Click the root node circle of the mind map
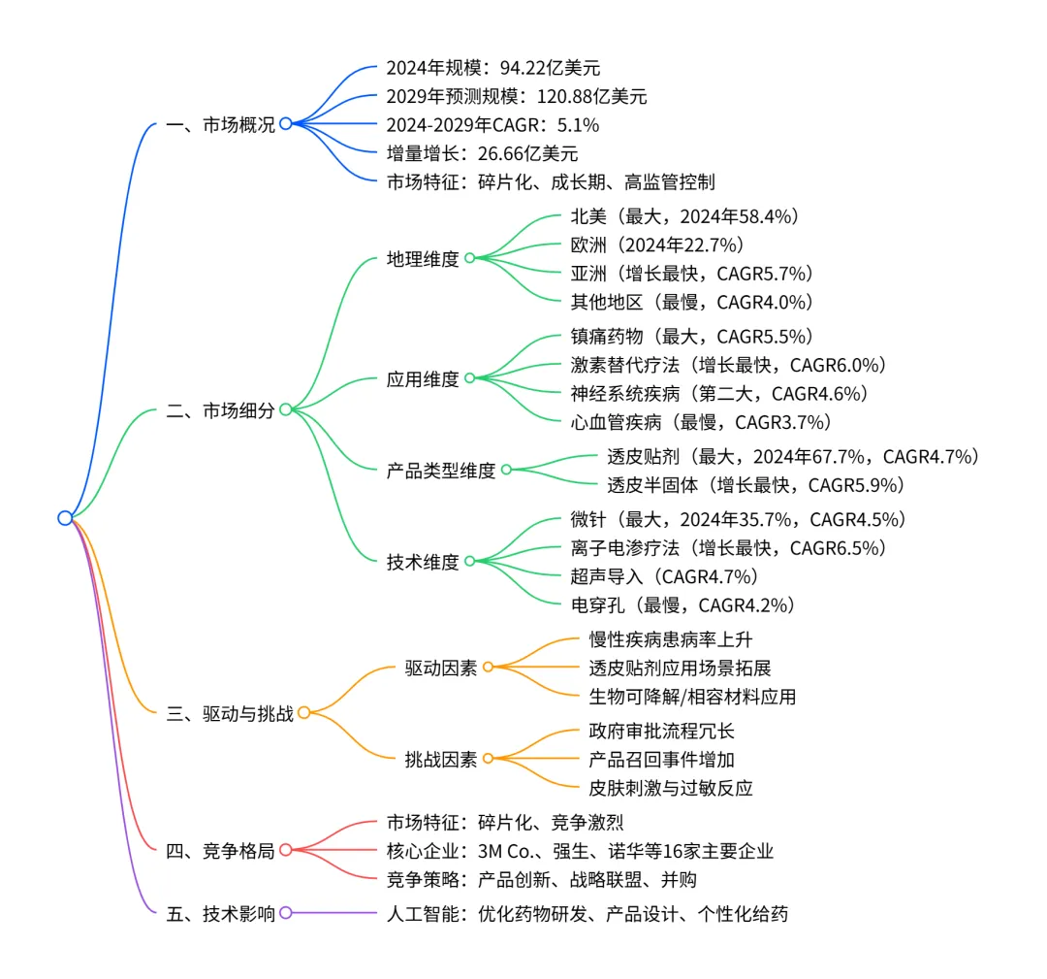(65, 517)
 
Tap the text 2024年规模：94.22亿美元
(492, 68)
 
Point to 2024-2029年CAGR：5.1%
(492, 124)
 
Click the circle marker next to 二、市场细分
(285, 409)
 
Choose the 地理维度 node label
(422, 259)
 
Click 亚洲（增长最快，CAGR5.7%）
(691, 273)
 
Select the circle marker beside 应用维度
(469, 378)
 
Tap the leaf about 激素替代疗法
(728, 365)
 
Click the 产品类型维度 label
(440, 471)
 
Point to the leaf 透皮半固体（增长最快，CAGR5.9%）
(755, 485)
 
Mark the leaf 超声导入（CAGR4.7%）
(663, 576)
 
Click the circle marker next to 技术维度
(469, 561)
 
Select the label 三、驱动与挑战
(231, 713)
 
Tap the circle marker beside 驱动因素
(488, 668)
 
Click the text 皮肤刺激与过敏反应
(671, 788)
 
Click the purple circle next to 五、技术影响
(285, 913)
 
